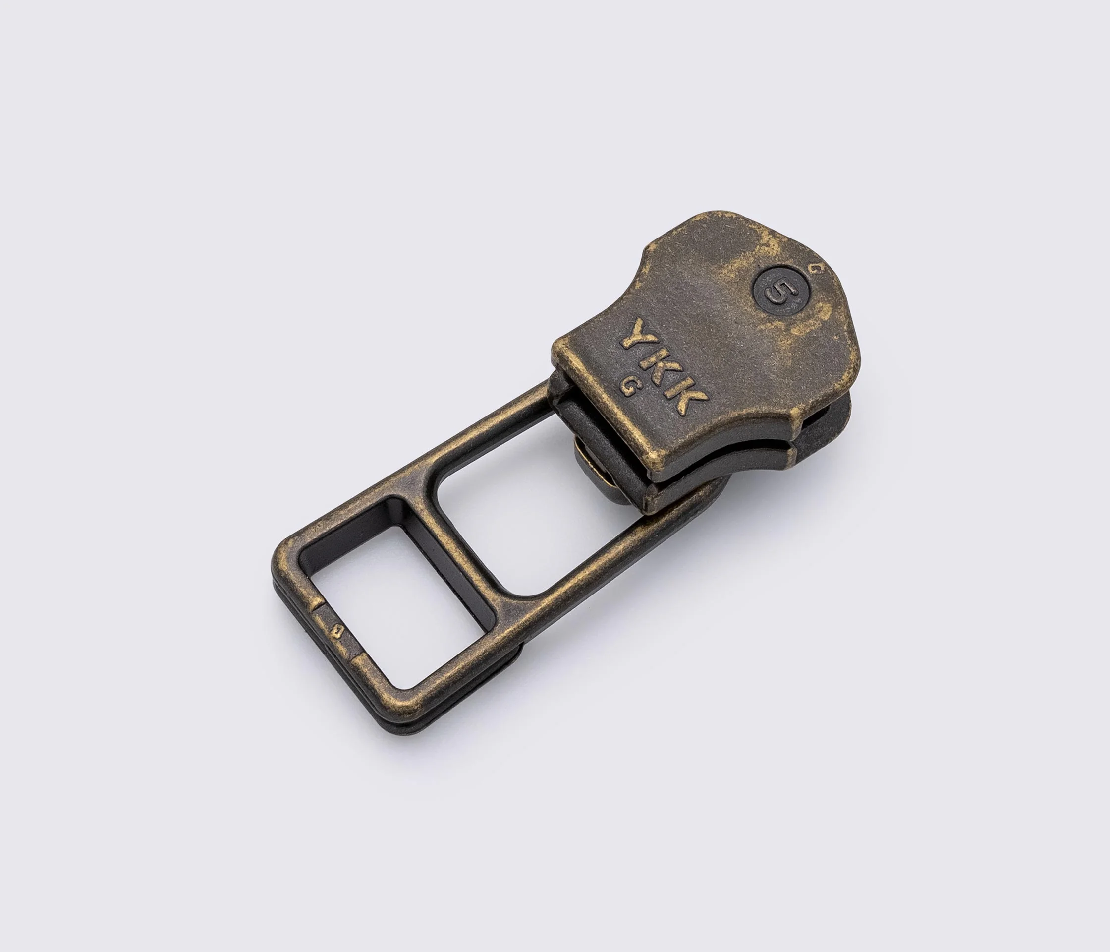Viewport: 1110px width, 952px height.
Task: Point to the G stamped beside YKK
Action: tap(627, 386)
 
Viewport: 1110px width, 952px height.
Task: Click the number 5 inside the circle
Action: tap(782, 291)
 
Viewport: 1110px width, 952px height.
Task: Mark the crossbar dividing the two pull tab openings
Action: tap(461, 541)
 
